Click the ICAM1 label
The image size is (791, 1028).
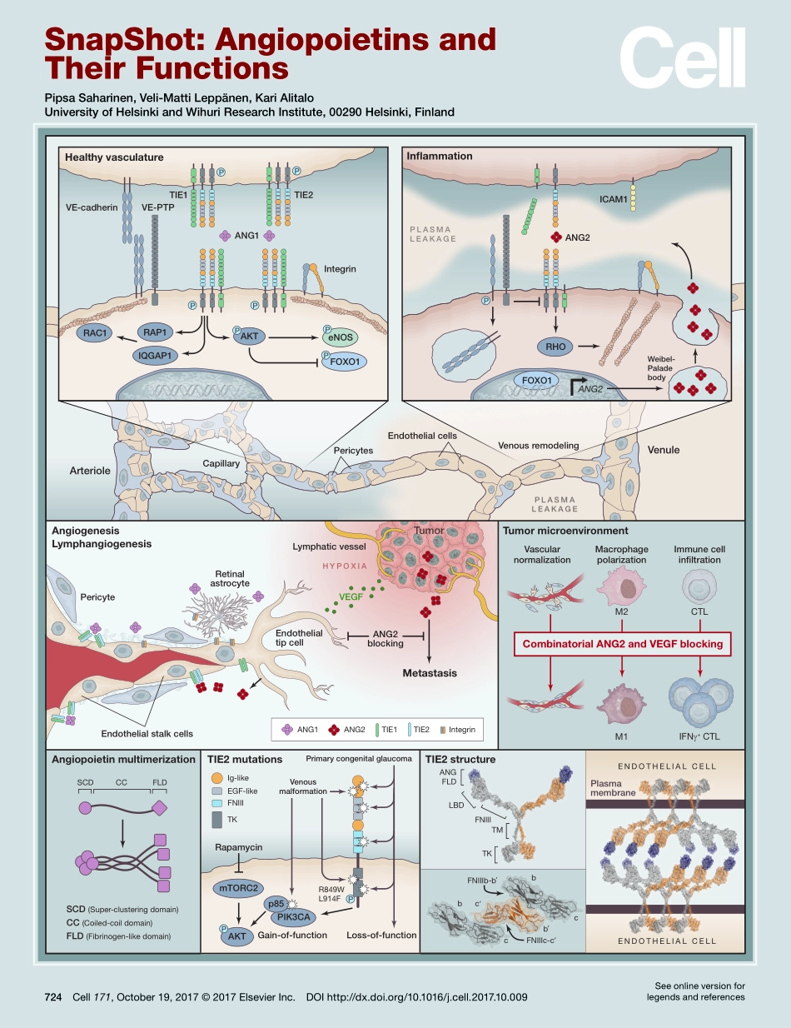coord(590,200)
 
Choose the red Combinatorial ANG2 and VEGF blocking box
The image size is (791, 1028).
coord(621,643)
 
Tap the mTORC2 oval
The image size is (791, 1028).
coord(239,887)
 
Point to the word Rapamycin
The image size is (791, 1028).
coord(238,846)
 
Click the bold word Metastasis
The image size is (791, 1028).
coord(430,673)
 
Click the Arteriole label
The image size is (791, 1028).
coord(90,471)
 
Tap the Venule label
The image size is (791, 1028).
coord(664,450)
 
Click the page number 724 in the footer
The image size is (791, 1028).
coord(54,997)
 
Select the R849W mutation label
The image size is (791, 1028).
coord(331,889)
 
